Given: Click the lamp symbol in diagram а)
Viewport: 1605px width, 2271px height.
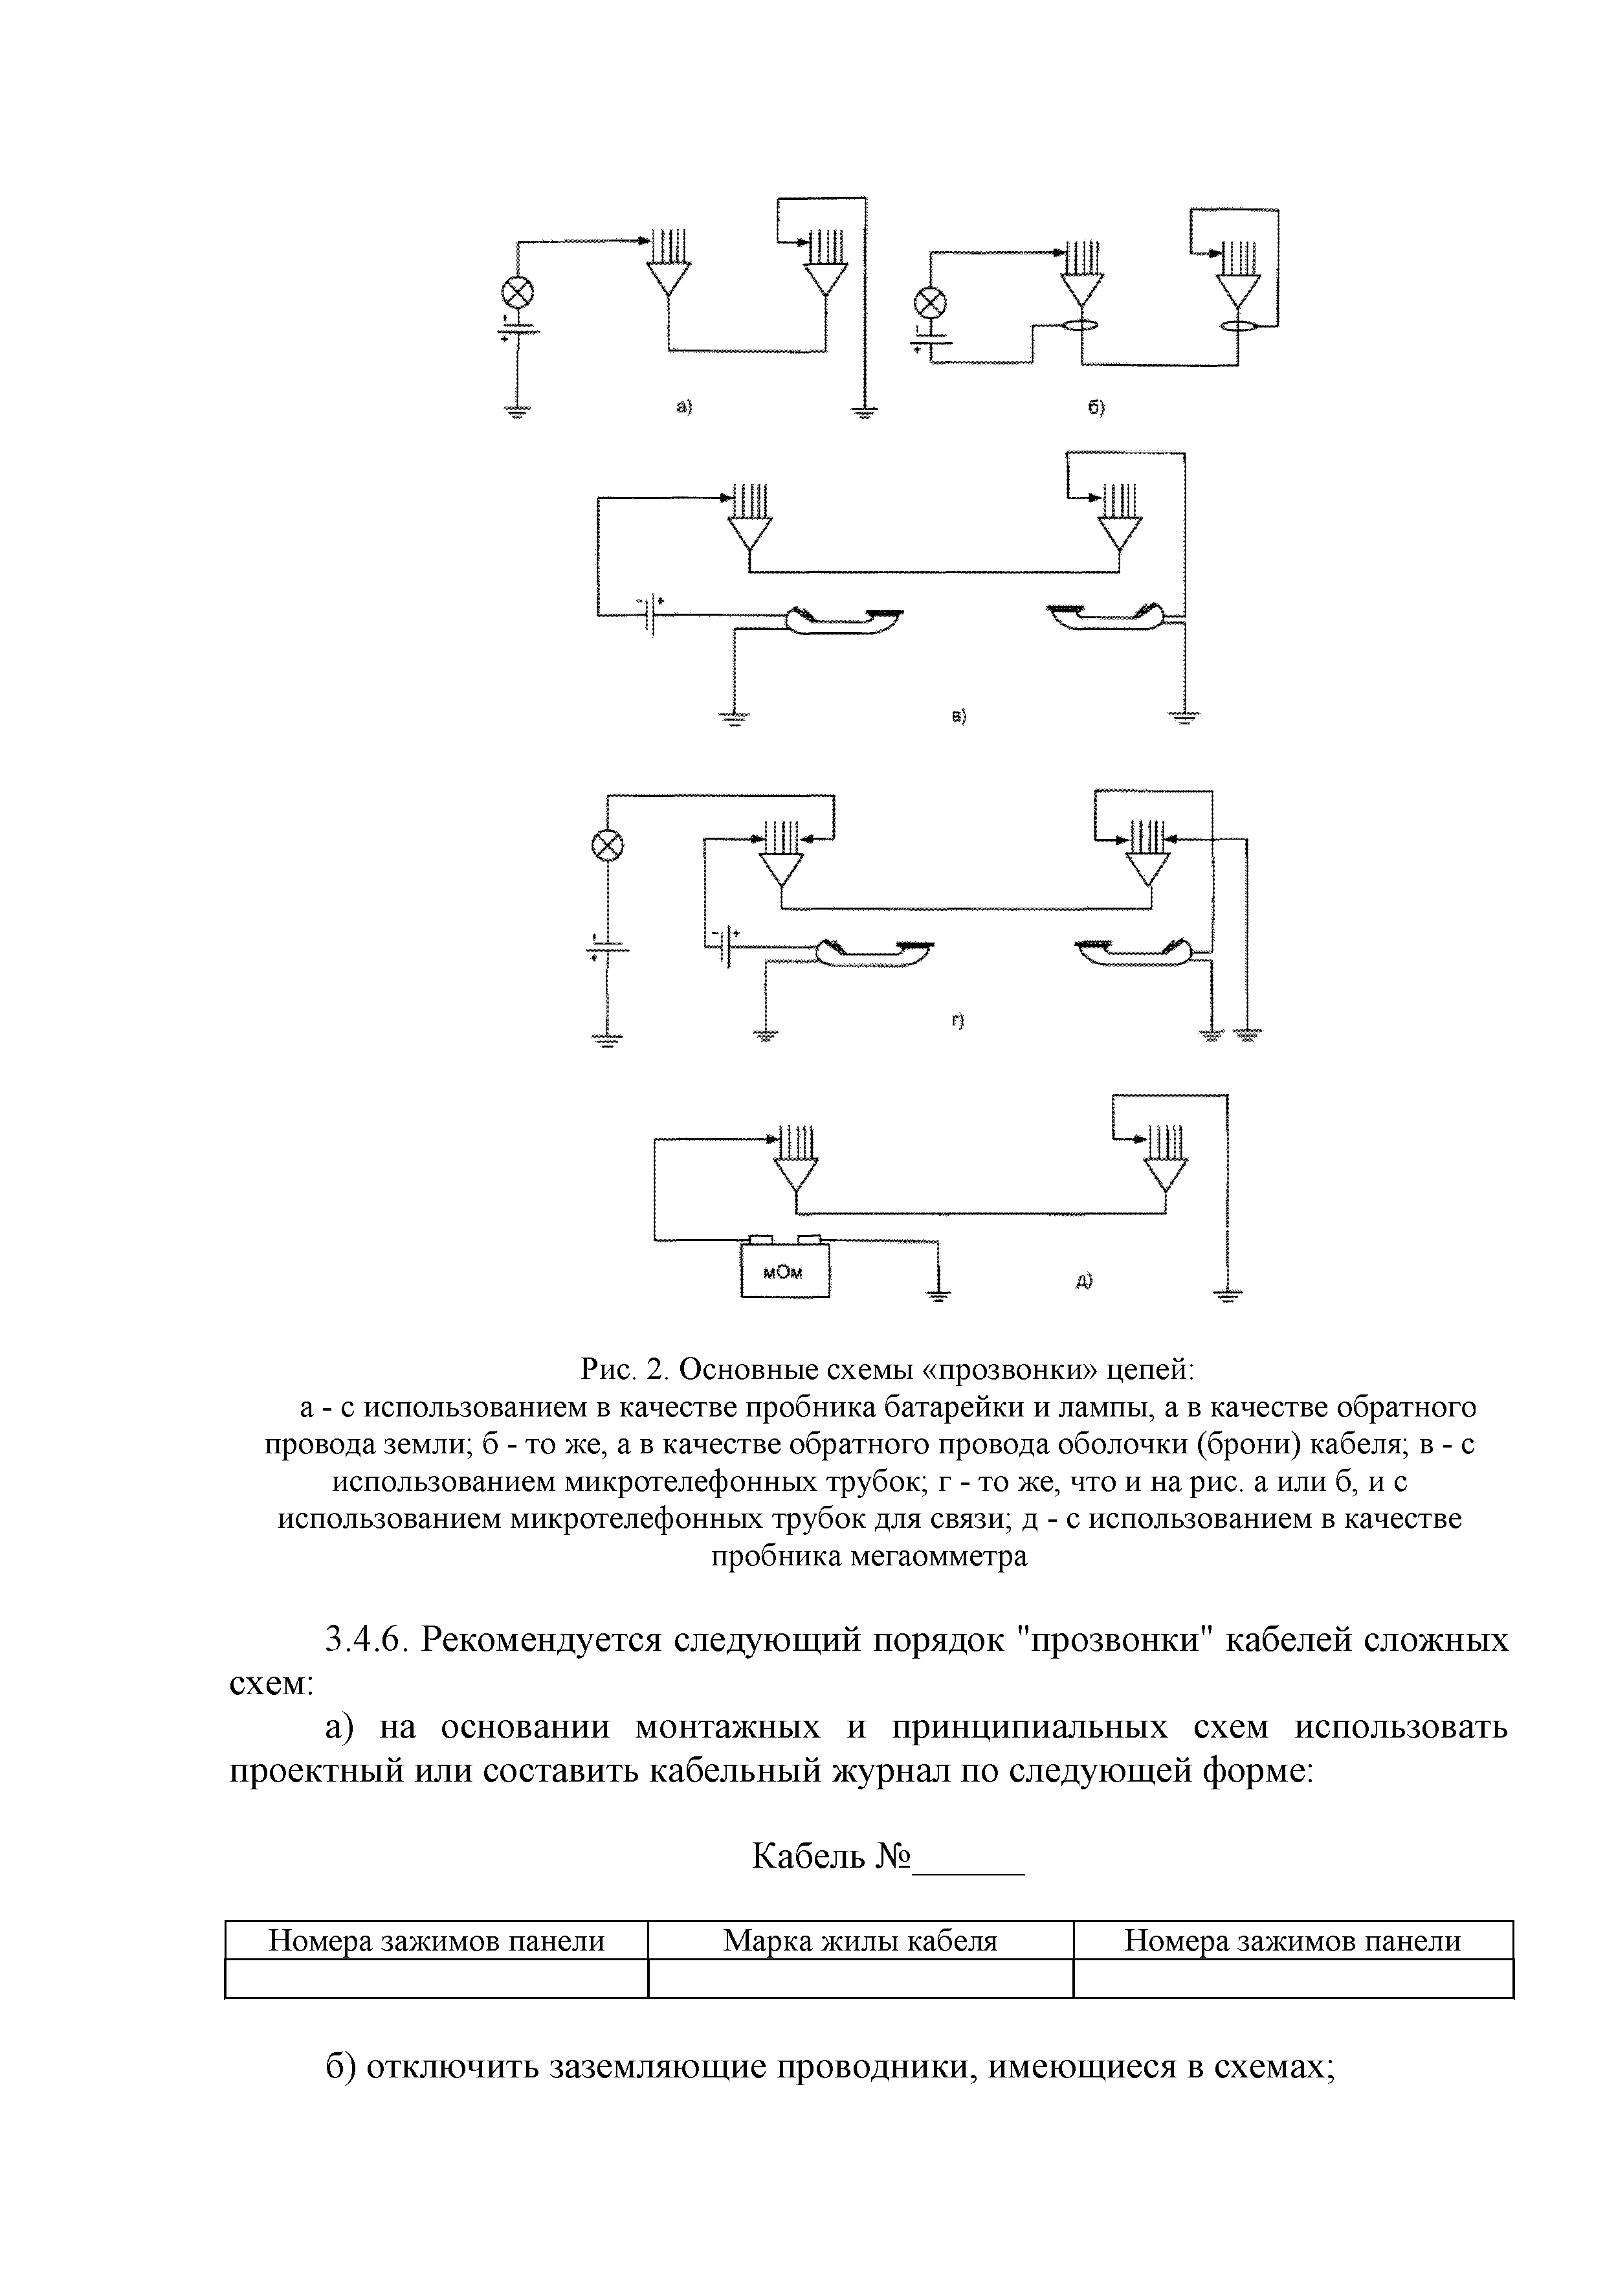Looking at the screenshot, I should point(517,292).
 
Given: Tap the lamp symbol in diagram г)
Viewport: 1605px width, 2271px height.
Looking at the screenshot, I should point(607,845).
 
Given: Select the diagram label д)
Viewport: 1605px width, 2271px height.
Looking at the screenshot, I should point(1084,1281).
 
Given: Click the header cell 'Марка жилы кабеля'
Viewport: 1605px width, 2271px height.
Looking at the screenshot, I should point(859,1941).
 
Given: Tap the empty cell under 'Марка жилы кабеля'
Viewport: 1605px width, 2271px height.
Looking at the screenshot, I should point(859,1978).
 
